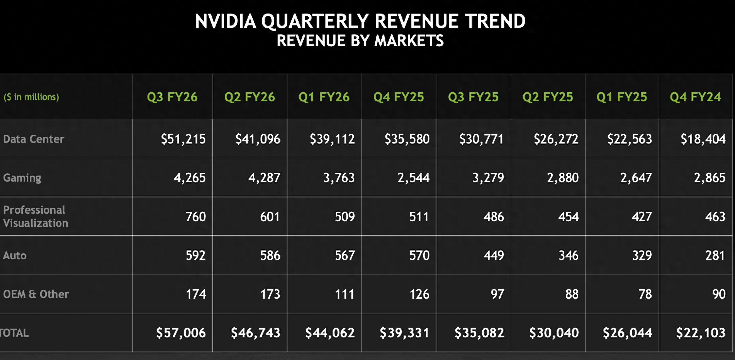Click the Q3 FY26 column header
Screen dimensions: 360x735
172,97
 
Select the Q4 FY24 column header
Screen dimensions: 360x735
695,97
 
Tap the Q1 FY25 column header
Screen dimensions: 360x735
622,97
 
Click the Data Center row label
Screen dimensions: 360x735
34,139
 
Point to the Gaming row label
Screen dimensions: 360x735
22,178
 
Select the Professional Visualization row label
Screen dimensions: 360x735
35,217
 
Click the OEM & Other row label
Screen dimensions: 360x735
36,294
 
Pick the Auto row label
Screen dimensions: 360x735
15,256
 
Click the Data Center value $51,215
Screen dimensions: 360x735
183,139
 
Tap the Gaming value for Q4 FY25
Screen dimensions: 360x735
413,178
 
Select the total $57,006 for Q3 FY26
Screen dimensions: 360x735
181,333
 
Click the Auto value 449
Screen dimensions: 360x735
494,256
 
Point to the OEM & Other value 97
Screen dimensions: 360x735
497,294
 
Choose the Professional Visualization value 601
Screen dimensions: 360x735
270,217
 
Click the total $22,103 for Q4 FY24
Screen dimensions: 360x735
701,333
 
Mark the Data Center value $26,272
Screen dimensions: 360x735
556,139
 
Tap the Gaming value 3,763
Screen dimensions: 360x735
339,178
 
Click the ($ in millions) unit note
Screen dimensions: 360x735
31,97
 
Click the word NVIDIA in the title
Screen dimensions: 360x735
225,21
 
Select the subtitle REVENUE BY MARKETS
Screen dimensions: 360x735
360,41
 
